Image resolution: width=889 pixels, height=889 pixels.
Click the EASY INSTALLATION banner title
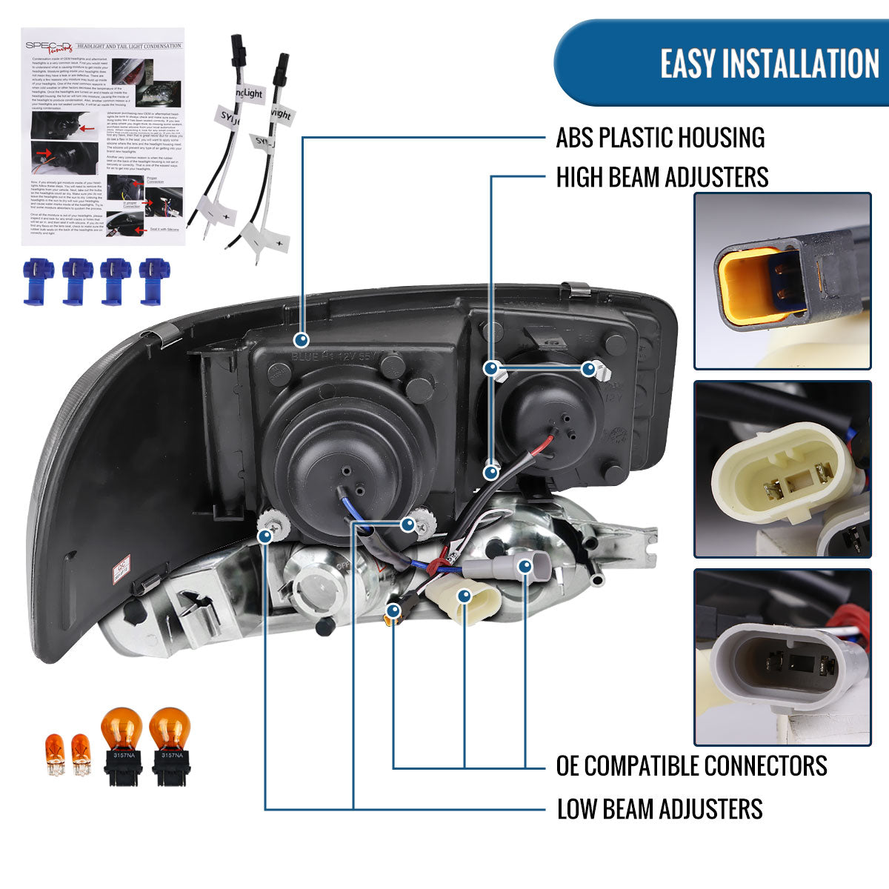click(769, 64)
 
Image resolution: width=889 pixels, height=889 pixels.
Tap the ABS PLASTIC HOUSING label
click(660, 138)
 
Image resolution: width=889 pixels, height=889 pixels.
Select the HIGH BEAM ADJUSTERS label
click(662, 178)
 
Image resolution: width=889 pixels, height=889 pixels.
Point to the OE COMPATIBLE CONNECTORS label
click(691, 765)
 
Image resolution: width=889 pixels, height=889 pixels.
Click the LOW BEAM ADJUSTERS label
click(659, 809)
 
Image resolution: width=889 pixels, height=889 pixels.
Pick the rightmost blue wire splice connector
click(154, 280)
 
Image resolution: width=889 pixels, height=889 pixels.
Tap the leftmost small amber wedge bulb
click(56, 753)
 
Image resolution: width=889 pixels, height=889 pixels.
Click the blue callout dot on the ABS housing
click(302, 340)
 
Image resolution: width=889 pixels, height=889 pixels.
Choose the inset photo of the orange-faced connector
click(782, 282)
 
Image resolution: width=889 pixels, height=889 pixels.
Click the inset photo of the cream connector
click(782, 469)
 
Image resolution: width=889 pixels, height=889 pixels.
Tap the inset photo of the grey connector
click(782, 657)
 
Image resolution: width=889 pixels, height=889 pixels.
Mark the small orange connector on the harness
click(393, 613)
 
